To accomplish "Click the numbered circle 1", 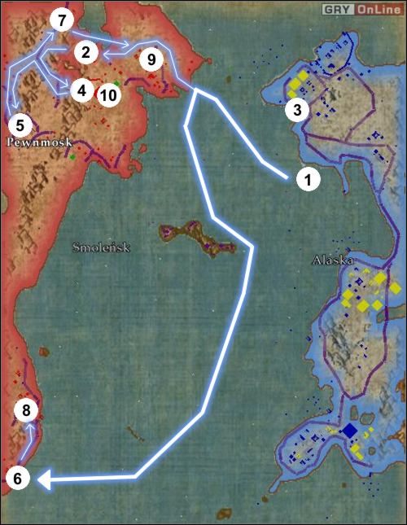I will click(x=307, y=179).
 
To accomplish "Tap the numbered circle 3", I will click(x=299, y=109).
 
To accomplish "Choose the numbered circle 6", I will click(x=19, y=479).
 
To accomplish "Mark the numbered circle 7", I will click(x=61, y=19).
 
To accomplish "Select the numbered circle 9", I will click(x=150, y=59).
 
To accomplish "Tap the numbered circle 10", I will click(x=107, y=94).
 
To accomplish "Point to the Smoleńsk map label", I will click(x=100, y=247).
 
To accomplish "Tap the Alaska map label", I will click(x=332, y=260).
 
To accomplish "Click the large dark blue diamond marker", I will click(x=350, y=431).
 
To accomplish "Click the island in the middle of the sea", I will click(x=189, y=236).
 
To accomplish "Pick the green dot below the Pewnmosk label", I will click(x=73, y=156).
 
